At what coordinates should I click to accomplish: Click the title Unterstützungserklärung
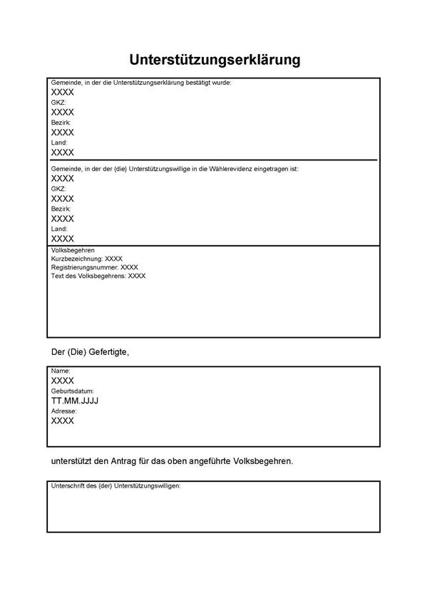(215, 59)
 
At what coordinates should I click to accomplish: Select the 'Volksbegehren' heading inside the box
(73, 251)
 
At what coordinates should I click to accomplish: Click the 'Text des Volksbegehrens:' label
(88, 276)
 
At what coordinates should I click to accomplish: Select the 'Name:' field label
(61, 371)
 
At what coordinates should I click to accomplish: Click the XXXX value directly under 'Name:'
(63, 381)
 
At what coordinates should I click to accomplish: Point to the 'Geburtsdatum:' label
(72, 391)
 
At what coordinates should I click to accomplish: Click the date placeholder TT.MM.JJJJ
(75, 401)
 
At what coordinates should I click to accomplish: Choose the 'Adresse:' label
(63, 411)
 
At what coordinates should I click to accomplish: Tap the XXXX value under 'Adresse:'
(63, 421)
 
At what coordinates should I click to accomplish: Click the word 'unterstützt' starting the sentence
(74, 461)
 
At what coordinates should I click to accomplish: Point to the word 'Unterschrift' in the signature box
(69, 485)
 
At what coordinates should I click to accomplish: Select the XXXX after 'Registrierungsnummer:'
(130, 267)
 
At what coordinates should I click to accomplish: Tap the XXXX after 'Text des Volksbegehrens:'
(137, 276)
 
